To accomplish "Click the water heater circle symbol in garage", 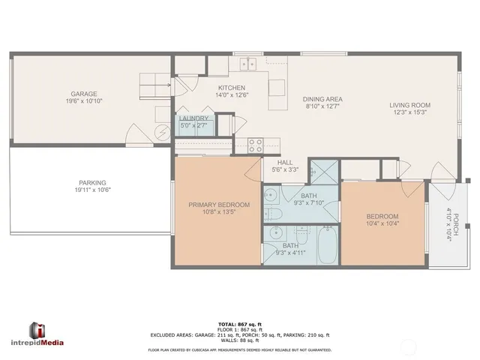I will [x=159, y=133].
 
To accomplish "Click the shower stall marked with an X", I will [x=322, y=171].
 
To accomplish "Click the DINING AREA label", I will [x=322, y=99].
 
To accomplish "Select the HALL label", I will [x=285, y=162].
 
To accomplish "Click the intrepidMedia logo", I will [x=46, y=334].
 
